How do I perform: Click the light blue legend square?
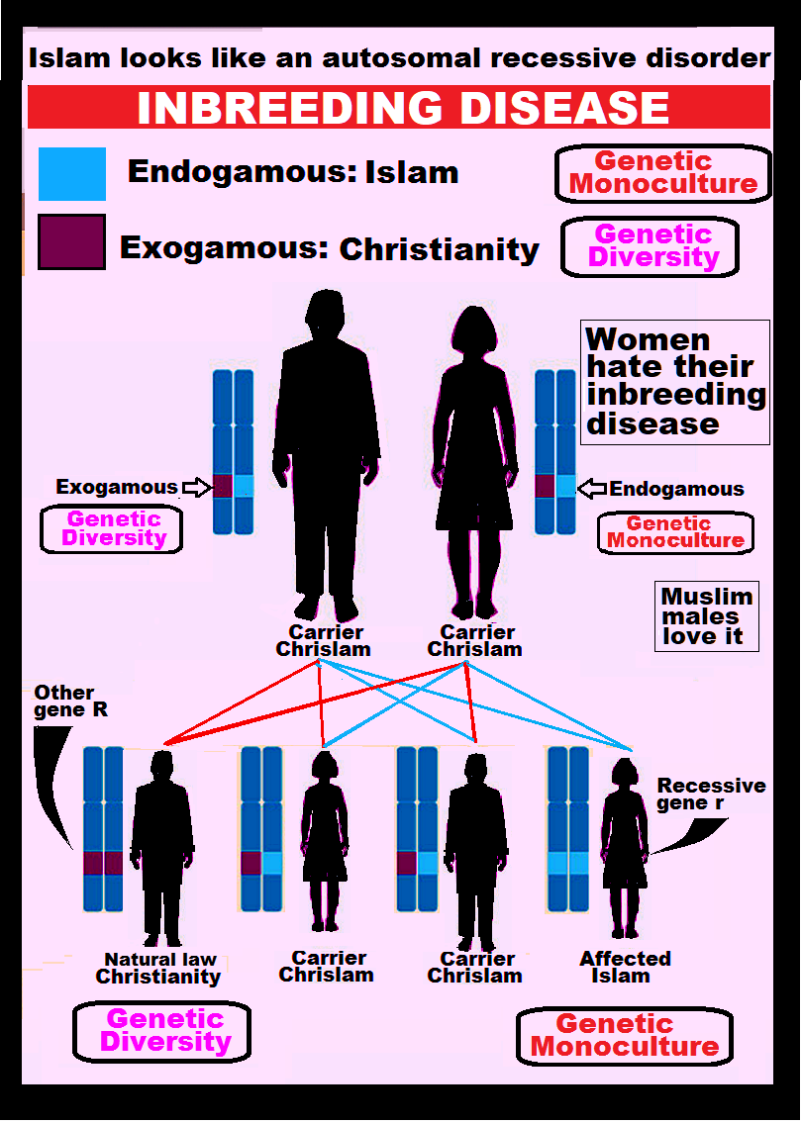coord(71,174)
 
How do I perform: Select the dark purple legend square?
coord(71,242)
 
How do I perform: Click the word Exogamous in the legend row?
coord(224,246)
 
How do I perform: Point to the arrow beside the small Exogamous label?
coord(196,487)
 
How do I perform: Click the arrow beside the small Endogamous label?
coord(591,488)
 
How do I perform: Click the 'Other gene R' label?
coord(64,701)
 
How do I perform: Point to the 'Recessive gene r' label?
coord(711,794)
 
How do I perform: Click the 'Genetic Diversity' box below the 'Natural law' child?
coord(162,1030)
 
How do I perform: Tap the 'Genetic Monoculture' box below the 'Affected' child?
coord(624,1036)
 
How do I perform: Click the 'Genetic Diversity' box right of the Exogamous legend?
coord(652,246)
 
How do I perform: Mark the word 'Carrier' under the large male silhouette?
coord(326,632)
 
